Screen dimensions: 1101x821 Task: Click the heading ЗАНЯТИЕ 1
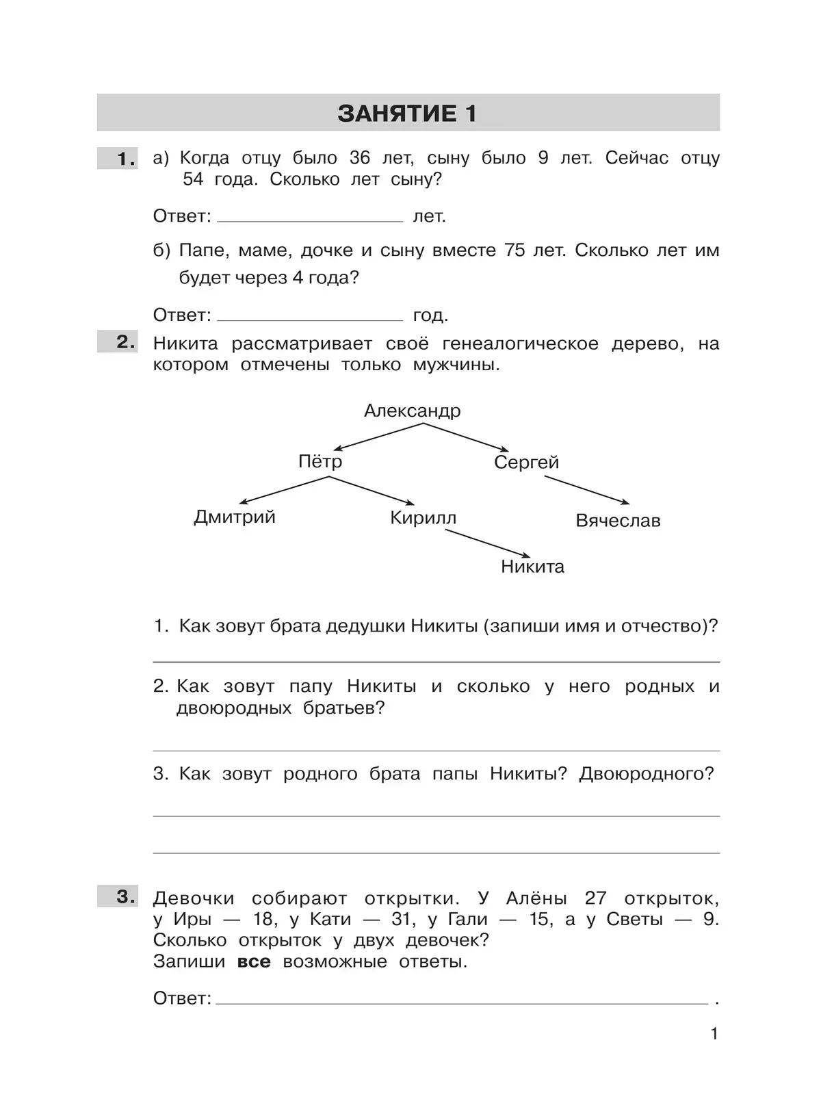[x=407, y=113]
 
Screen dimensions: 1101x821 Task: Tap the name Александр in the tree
[x=412, y=411]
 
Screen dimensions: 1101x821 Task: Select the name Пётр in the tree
[x=320, y=461]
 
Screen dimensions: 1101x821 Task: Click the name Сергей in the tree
[x=526, y=463]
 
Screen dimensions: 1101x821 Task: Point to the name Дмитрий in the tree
[x=235, y=517]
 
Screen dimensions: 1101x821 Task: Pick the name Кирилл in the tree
[x=423, y=518]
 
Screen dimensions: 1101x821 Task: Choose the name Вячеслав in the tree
[x=618, y=521]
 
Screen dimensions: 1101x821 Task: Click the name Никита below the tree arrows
[x=532, y=567]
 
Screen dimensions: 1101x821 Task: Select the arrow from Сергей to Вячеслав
[x=586, y=490]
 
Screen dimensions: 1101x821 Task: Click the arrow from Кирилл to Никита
[x=487, y=544]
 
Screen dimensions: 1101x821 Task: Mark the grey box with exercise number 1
[x=118, y=159]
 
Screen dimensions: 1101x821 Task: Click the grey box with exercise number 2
[x=118, y=342]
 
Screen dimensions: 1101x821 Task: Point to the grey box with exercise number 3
[x=118, y=896]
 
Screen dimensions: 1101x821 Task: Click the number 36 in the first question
[x=359, y=158]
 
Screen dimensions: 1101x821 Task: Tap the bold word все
[x=254, y=962]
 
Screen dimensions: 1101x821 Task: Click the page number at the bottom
[x=714, y=1034]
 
